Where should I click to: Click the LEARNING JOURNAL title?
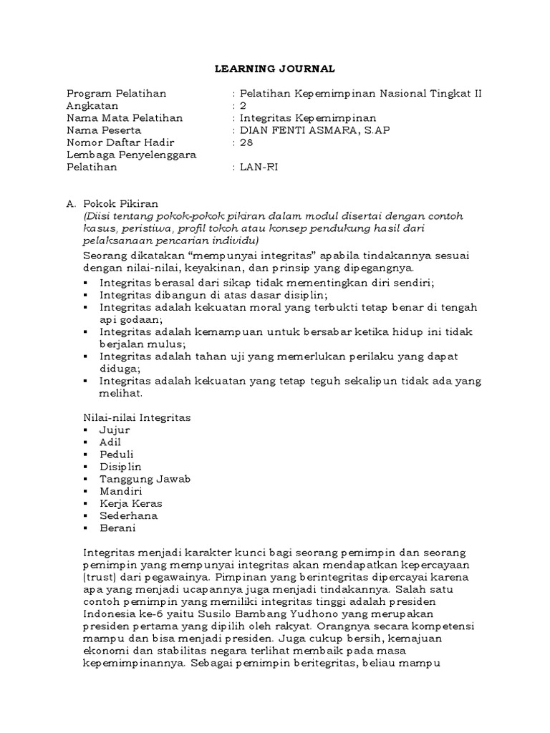[275, 69]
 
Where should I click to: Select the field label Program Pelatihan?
[116, 93]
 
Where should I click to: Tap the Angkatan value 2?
[243, 106]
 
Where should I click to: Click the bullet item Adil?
[110, 442]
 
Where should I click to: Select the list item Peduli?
[116, 454]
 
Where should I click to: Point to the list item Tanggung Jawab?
[145, 479]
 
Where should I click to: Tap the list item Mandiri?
[120, 491]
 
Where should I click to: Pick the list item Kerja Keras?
[130, 503]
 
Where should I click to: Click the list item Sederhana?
[128, 515]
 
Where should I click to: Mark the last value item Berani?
[117, 528]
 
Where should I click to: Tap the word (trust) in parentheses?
[102, 578]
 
